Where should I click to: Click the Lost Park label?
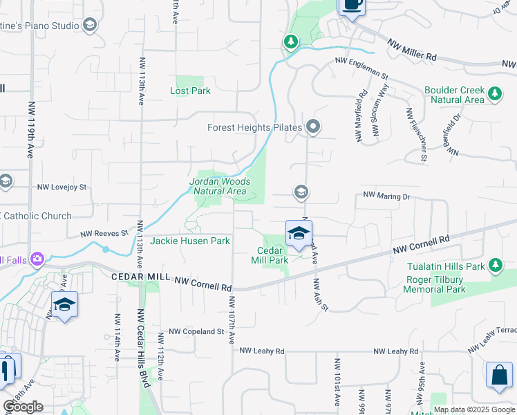(x=190, y=91)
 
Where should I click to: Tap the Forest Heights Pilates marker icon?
(x=313, y=127)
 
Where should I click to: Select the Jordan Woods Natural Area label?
(x=219, y=186)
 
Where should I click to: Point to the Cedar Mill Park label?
(x=272, y=256)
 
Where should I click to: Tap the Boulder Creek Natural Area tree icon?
(x=494, y=94)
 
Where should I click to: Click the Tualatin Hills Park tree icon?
(x=495, y=266)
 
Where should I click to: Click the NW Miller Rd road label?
(x=412, y=49)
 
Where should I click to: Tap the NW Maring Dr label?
(x=387, y=196)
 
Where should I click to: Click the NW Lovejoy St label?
(x=62, y=187)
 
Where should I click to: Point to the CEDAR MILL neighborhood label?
(x=140, y=277)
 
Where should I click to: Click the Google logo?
(x=23, y=407)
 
